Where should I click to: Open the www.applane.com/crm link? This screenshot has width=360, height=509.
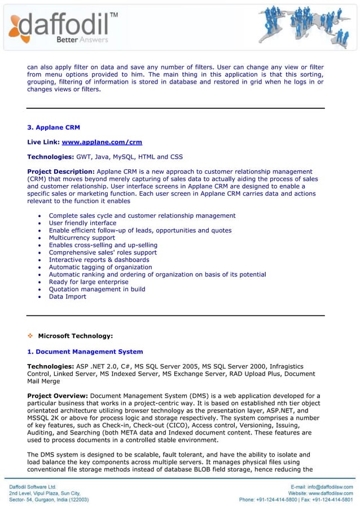point(102,142)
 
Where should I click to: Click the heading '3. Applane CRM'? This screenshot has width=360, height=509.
point(54,128)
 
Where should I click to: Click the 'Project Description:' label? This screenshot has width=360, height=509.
point(61,172)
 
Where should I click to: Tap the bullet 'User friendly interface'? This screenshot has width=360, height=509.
point(82,223)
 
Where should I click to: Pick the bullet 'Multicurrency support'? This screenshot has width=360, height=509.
point(82,238)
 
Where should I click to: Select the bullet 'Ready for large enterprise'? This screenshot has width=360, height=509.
point(89,282)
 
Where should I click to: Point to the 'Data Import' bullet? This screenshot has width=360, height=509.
point(68,296)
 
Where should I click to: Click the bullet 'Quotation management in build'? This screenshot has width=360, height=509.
point(97,289)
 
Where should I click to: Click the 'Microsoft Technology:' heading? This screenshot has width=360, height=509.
point(75,336)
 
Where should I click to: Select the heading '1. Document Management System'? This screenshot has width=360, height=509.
point(85,352)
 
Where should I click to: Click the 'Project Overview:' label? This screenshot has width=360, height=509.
point(58,396)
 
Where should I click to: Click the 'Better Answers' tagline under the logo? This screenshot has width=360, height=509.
point(82,40)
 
